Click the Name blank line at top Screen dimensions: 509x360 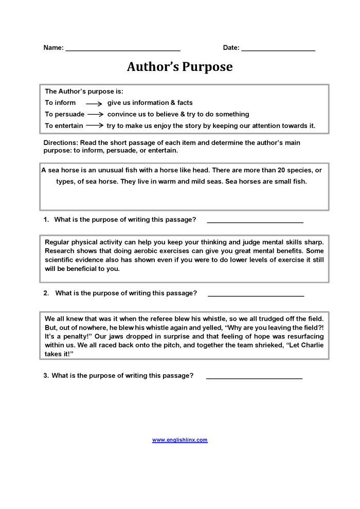pyautogui.click(x=123, y=49)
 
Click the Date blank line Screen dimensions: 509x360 pyautogui.click(x=278, y=49)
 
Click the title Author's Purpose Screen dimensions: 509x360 pyautogui.click(x=179, y=67)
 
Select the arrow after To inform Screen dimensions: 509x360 pyautogui.click(x=94, y=103)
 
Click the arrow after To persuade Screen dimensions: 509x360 pyautogui.click(x=96, y=114)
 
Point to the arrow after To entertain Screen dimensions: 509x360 pyautogui.click(x=95, y=125)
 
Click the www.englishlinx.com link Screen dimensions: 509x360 pyautogui.click(x=179, y=440)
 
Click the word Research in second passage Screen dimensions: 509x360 pyautogui.click(x=60, y=251)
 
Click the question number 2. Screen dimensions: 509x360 pyautogui.click(x=46, y=293)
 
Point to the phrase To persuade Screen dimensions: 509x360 pyautogui.click(x=64, y=114)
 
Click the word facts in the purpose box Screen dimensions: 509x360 pyautogui.click(x=185, y=103)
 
